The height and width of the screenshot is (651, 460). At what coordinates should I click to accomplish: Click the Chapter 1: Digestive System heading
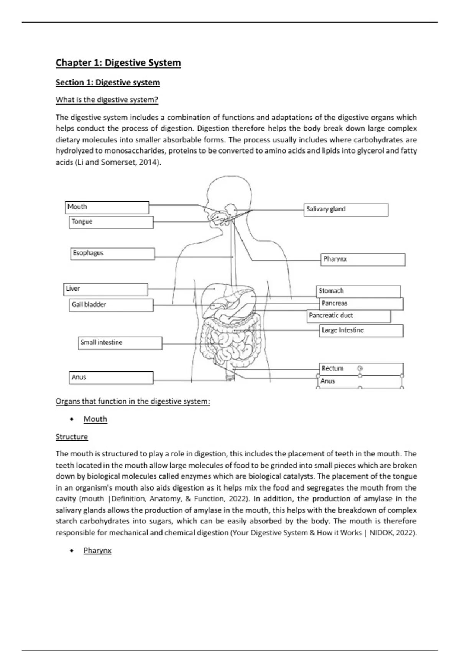coord(118,63)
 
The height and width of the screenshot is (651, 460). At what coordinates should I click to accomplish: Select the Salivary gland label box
coord(346,210)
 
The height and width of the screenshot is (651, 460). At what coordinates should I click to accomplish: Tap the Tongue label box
coord(111,222)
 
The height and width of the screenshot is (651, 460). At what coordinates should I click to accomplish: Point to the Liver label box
coord(106,290)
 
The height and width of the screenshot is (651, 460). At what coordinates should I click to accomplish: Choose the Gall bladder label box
coord(111,305)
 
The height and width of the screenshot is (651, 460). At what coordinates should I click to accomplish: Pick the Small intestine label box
coord(120,343)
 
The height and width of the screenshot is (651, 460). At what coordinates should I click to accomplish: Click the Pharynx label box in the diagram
coord(363,259)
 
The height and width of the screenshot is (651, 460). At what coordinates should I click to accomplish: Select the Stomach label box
coord(358,291)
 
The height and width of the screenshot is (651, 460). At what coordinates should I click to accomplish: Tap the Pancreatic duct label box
coord(349,316)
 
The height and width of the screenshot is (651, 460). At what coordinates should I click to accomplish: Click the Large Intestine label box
coord(361,330)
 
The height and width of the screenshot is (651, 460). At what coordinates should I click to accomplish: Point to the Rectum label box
coord(360,369)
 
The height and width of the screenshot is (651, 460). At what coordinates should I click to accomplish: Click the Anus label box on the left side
coord(111,378)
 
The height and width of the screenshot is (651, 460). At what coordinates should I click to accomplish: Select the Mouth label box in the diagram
coord(107,207)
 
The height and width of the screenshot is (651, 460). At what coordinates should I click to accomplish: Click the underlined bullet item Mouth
coord(95,419)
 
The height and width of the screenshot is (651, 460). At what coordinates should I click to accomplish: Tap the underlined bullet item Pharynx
coord(97,550)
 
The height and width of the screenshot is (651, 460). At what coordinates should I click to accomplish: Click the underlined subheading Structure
coord(72,437)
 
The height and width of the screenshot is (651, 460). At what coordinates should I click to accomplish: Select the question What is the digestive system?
coord(107,100)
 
